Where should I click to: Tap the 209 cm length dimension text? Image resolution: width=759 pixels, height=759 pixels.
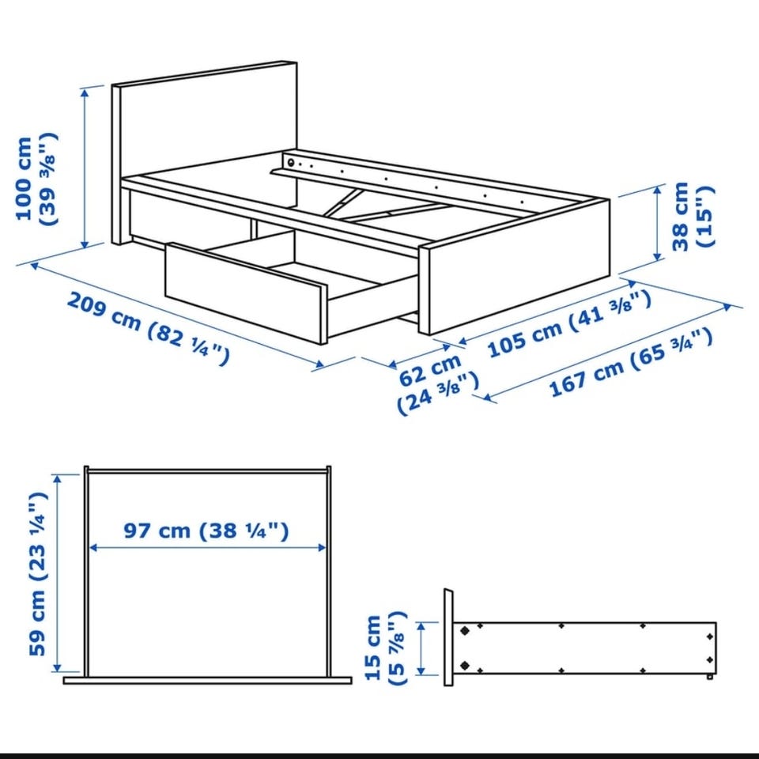148,327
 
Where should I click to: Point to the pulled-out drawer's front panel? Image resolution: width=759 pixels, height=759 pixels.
246,293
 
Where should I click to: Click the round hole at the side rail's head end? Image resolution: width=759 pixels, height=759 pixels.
291,162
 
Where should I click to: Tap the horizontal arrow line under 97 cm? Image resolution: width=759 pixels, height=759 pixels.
208,547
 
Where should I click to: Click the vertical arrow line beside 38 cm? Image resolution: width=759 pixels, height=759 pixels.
657,223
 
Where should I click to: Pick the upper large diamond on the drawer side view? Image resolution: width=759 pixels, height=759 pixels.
465,631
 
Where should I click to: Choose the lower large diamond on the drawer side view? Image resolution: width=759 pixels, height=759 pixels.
465,666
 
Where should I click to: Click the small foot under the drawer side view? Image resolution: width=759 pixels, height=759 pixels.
709,676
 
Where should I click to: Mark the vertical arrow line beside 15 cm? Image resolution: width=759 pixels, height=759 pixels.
421,648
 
